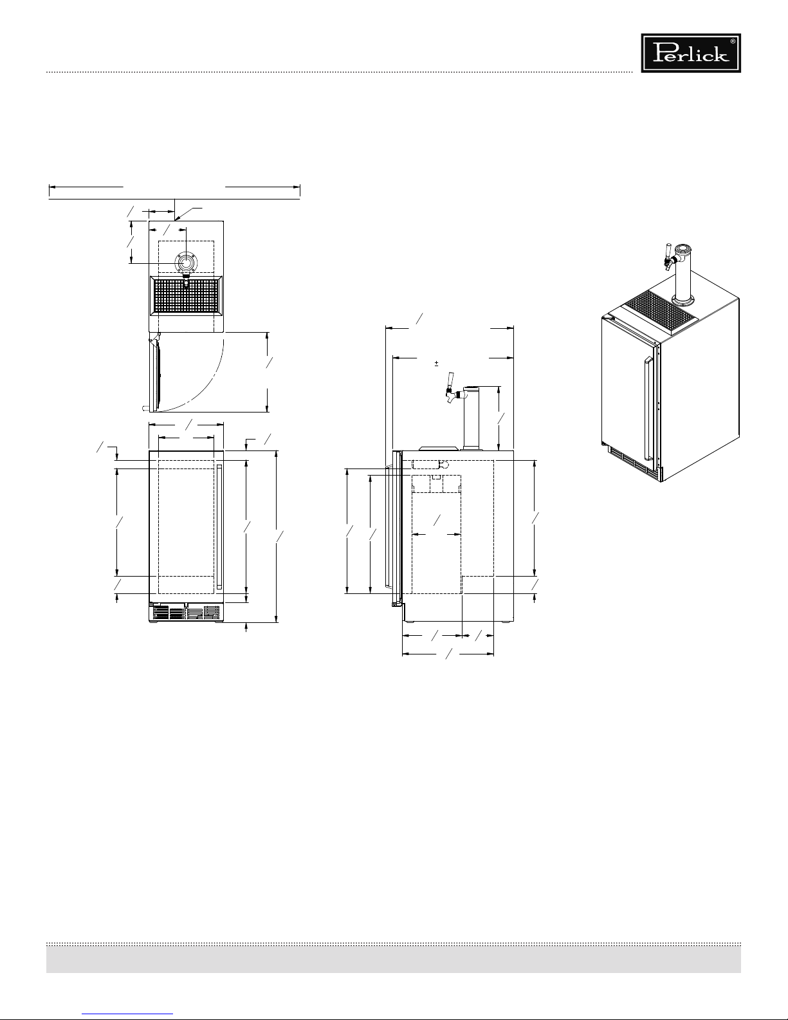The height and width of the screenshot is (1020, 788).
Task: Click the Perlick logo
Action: (691, 53)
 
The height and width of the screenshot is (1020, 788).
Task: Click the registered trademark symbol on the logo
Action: (733, 41)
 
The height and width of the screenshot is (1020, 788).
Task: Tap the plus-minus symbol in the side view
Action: (436, 364)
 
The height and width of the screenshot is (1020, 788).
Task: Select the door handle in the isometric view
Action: (648, 408)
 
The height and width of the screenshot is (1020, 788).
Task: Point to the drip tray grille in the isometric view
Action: (659, 311)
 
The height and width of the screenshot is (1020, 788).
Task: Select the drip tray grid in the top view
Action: (186, 296)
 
